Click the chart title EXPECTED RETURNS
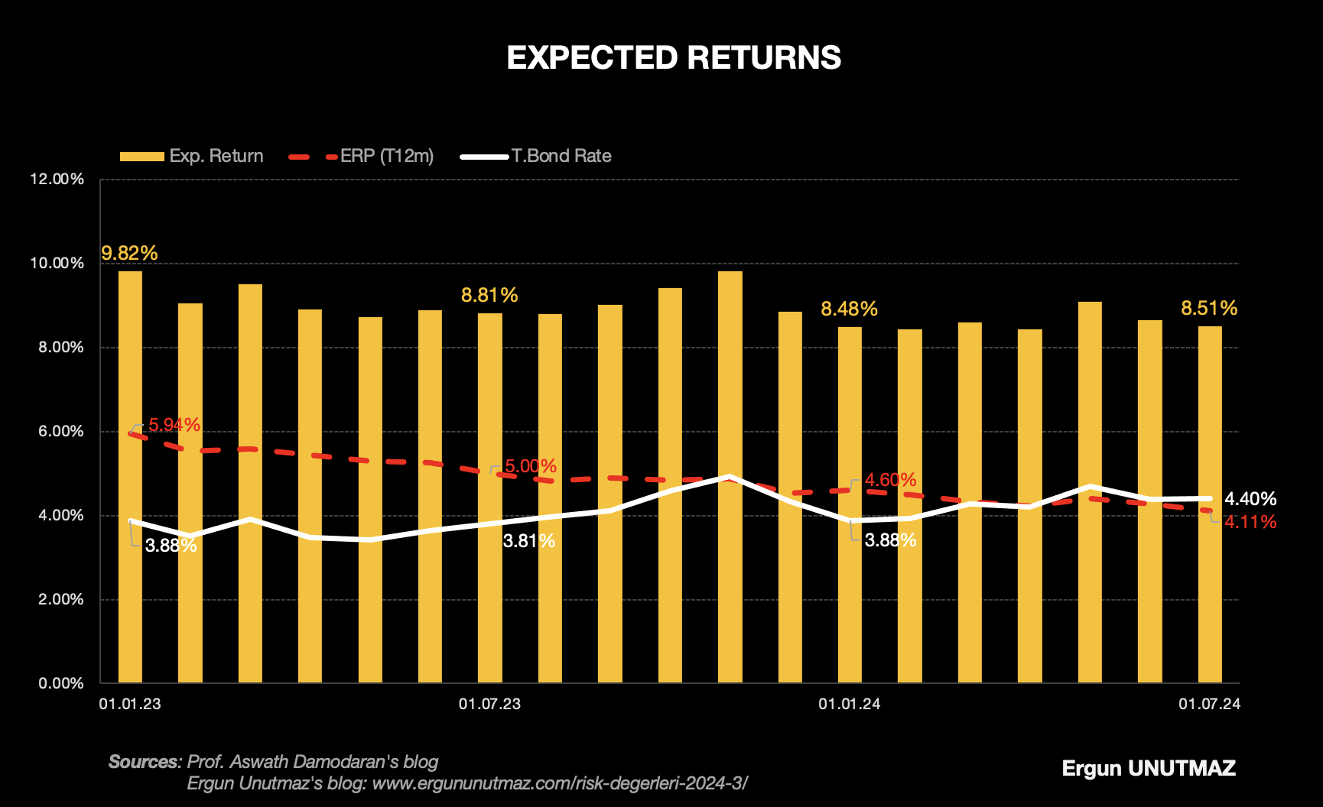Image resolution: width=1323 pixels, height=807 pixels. (674, 58)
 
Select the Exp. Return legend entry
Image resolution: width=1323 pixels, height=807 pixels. (192, 156)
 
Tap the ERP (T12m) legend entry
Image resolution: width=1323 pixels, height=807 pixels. (362, 156)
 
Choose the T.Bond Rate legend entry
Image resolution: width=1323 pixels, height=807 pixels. (536, 156)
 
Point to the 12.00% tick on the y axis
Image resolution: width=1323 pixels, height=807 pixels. (57, 180)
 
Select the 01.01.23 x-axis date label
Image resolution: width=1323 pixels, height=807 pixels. (130, 704)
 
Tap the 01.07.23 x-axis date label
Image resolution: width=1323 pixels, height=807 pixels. (489, 704)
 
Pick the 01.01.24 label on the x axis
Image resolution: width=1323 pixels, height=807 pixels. (849, 704)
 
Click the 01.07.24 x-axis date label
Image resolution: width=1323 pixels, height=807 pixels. (1209, 704)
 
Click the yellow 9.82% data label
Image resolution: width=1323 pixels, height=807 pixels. (129, 253)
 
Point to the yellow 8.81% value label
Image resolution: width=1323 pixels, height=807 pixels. (489, 295)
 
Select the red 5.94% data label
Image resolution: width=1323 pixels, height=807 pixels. (174, 425)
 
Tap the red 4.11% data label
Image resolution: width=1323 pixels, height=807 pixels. (1250, 522)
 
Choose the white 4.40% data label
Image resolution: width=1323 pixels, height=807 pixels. (1250, 499)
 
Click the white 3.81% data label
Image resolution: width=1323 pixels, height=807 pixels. (529, 541)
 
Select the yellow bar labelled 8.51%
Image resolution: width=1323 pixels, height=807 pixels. (1209, 504)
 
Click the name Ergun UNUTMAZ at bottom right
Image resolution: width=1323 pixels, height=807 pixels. (1149, 768)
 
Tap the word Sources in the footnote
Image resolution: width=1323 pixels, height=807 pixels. (144, 762)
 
